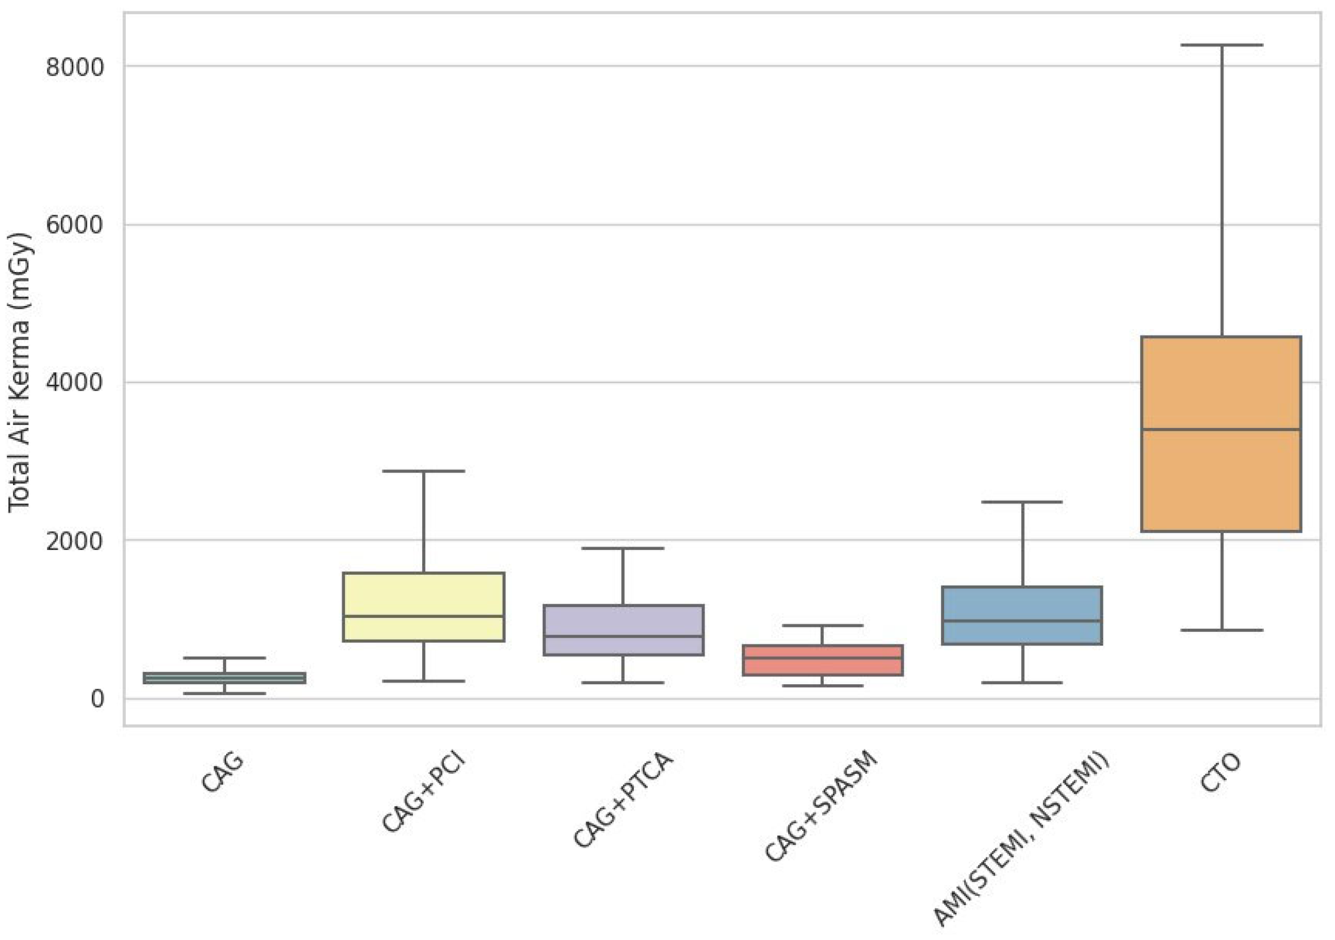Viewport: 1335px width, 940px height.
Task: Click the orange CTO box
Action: [x=1221, y=434]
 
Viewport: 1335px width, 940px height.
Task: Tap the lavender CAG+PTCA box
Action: [x=624, y=630]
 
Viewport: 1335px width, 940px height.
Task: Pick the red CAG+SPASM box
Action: [x=823, y=660]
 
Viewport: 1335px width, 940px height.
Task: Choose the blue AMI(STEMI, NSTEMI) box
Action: [x=1022, y=615]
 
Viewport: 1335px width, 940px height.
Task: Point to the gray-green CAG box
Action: [x=225, y=678]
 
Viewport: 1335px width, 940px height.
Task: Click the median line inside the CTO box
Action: [x=1221, y=430]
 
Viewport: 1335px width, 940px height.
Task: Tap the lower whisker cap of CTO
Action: [x=1221, y=630]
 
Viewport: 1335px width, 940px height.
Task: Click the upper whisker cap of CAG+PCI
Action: [x=423, y=471]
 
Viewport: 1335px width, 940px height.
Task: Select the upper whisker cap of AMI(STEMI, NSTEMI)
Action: [x=1022, y=502]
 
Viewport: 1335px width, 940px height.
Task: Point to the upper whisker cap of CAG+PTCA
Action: [x=624, y=548]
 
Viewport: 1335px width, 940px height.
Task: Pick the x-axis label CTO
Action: [x=1220, y=773]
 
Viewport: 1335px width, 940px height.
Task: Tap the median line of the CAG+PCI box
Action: [x=423, y=616]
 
